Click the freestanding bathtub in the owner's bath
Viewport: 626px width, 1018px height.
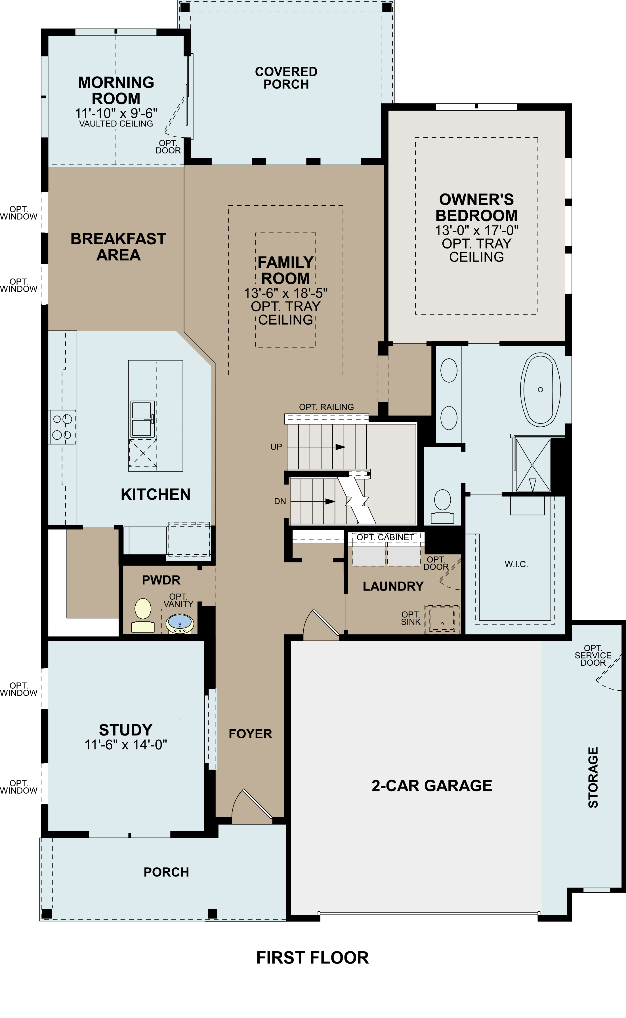(x=540, y=390)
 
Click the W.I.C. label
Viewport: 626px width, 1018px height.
(x=516, y=564)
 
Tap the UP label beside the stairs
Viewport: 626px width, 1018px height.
(x=276, y=447)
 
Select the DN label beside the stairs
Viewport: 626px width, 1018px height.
(x=280, y=501)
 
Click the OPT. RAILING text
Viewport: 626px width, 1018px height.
(x=326, y=407)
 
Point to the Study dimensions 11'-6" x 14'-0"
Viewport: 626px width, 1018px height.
(x=126, y=745)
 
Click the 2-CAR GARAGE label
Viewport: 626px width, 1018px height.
(x=432, y=785)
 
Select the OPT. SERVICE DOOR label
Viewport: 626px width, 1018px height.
(x=593, y=655)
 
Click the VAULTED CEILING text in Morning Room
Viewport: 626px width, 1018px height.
(x=116, y=124)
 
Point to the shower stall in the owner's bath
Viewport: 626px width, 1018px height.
(x=532, y=465)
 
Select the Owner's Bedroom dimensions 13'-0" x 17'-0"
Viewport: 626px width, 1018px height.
(x=476, y=231)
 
